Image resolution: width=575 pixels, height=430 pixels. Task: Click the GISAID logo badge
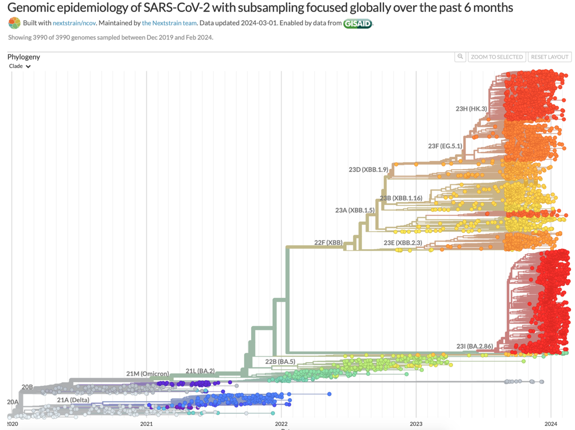357,23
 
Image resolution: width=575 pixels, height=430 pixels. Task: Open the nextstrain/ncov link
75,23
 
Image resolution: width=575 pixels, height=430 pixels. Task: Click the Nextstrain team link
169,23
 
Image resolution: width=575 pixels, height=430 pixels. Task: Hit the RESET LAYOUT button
550,57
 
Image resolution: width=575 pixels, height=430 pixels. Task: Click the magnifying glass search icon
460,57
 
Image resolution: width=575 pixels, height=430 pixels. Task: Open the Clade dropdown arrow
28,66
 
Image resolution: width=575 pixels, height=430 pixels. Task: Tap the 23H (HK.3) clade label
471,109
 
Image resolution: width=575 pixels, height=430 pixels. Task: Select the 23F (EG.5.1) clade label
445,146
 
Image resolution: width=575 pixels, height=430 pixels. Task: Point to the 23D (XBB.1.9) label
368,169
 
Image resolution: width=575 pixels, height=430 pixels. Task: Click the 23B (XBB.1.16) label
401,198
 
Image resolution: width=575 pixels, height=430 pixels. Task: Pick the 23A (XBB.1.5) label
355,210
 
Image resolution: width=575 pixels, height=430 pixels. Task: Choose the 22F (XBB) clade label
328,243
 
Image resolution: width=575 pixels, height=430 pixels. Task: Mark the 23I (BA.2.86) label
475,346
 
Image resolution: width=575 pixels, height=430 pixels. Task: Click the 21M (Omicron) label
147,374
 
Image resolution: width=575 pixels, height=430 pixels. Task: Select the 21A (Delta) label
73,400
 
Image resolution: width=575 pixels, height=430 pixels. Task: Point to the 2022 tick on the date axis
281,424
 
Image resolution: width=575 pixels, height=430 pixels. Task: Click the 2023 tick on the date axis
416,424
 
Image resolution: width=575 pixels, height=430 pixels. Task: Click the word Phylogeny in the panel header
23,57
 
